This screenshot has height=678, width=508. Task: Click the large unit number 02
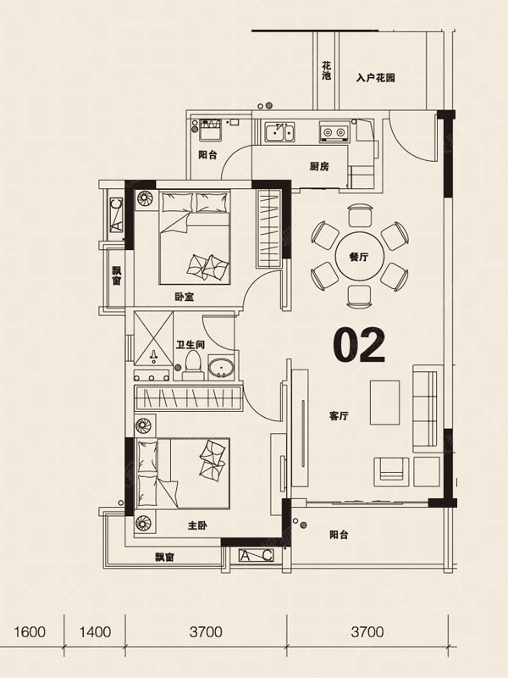click(359, 345)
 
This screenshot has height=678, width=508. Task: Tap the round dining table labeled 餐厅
click(359, 257)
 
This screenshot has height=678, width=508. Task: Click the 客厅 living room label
click(339, 416)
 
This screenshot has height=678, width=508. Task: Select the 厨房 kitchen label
click(319, 166)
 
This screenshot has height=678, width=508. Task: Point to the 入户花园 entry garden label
click(376, 78)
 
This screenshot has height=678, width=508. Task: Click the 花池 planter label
click(327, 71)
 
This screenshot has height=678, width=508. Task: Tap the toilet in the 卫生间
click(192, 366)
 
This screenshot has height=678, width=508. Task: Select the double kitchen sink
click(280, 132)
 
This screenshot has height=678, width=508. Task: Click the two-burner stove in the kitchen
click(334, 131)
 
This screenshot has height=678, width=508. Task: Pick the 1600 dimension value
click(30, 632)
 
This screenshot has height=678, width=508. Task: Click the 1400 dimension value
click(95, 632)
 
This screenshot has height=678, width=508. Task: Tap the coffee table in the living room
click(385, 402)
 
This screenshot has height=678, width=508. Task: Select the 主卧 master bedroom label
click(197, 526)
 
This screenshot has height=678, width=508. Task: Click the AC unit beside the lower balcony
click(256, 555)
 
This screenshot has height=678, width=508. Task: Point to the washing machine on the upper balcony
click(210, 130)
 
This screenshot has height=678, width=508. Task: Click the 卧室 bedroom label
click(185, 297)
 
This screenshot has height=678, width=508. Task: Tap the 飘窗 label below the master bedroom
click(164, 558)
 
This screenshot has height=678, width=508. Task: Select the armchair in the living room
click(391, 471)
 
